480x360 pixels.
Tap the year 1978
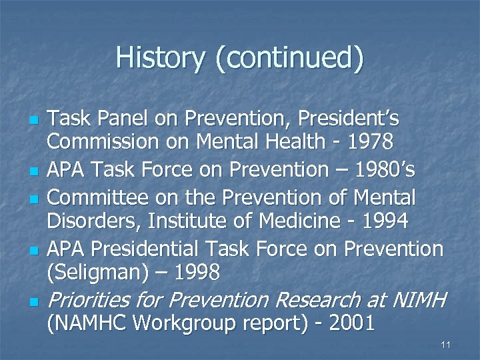[x=370, y=142]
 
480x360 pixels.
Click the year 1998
[x=198, y=272]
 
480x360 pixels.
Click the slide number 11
[x=446, y=345]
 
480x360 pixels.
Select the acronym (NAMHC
[x=87, y=324]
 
